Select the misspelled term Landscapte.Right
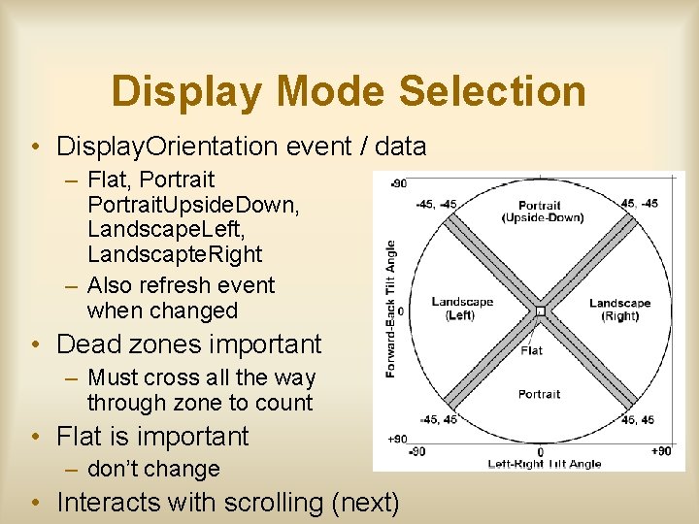175,254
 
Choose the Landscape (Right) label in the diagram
619,309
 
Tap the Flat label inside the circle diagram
531,349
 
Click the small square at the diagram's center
540,311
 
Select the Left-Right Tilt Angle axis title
544,464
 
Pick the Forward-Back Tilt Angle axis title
390,310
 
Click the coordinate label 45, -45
638,203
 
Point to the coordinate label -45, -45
435,203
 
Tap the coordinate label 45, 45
638,419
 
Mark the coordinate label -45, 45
438,419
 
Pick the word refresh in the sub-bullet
171,285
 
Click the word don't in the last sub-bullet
115,469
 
